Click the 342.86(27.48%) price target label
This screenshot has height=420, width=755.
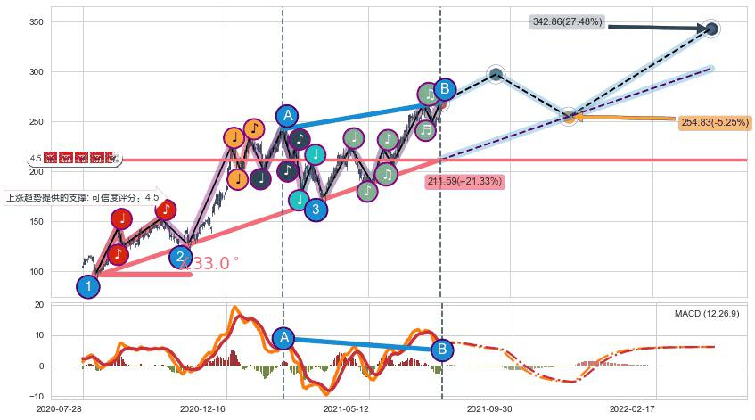pyautogui.click(x=567, y=21)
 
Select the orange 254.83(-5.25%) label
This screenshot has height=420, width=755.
pyautogui.click(x=715, y=123)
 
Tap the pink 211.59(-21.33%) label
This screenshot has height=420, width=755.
pyautogui.click(x=464, y=182)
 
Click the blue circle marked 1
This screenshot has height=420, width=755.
pyautogui.click(x=87, y=286)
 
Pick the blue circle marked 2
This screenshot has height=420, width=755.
pyautogui.click(x=181, y=258)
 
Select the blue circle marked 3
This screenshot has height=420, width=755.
pyautogui.click(x=316, y=210)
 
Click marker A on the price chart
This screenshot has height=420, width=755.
pyautogui.click(x=286, y=116)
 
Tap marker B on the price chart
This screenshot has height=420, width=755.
pyautogui.click(x=444, y=89)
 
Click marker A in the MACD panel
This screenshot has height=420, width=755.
pyautogui.click(x=283, y=337)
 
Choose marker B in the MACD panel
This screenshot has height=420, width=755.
pyautogui.click(x=440, y=349)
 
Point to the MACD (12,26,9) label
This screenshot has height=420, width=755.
pyautogui.click(x=706, y=314)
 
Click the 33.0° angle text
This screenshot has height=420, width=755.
pyautogui.click(x=210, y=264)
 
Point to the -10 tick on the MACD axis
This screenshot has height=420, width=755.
pyautogui.click(x=37, y=395)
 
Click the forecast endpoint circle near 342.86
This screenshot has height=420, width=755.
pyautogui.click(x=711, y=29)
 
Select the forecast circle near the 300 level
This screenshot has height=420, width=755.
pyautogui.click(x=496, y=74)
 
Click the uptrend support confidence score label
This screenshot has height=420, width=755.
pyautogui.click(x=82, y=197)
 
